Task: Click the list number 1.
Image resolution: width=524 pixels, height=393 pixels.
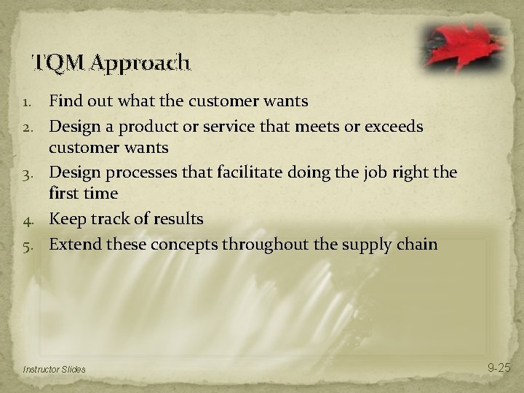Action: click(x=30, y=100)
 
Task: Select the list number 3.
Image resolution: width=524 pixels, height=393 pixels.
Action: click(x=30, y=172)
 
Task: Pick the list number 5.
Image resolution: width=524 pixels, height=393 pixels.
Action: click(x=30, y=243)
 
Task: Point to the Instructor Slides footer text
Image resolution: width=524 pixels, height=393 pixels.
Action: click(x=54, y=370)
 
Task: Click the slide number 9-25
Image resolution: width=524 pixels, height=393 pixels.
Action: click(x=499, y=369)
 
